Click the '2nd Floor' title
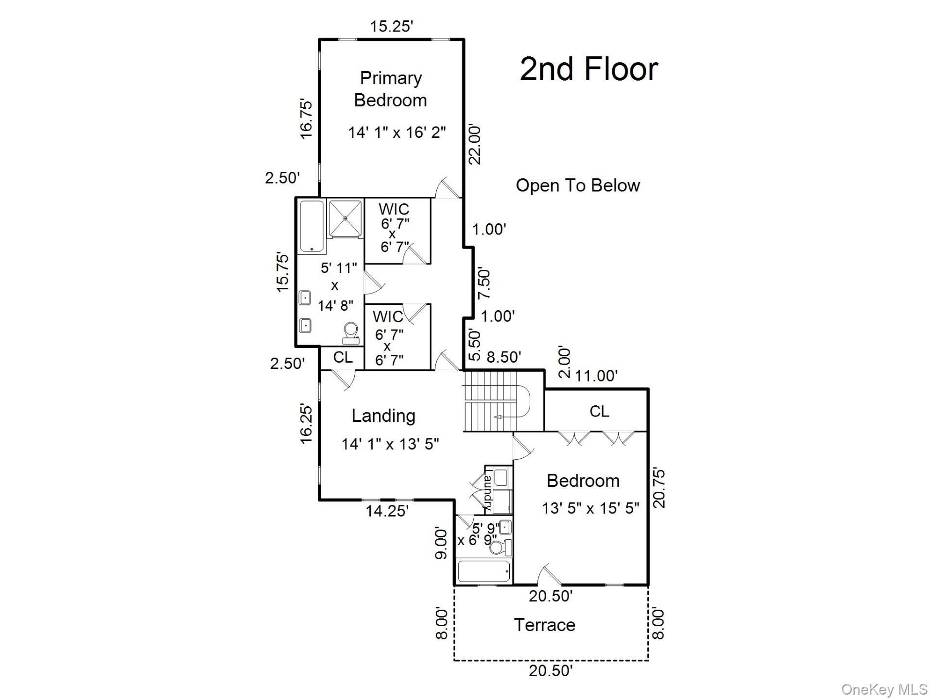588,69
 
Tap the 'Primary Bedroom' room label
391,89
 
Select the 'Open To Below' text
577,185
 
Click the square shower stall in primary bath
345,218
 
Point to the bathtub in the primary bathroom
311,226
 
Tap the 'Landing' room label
383,416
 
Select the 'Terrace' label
544,625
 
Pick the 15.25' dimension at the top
391,26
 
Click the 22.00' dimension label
474,145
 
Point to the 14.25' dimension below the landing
387,511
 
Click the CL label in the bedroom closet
599,412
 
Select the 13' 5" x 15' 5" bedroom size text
590,508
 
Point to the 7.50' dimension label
484,283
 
